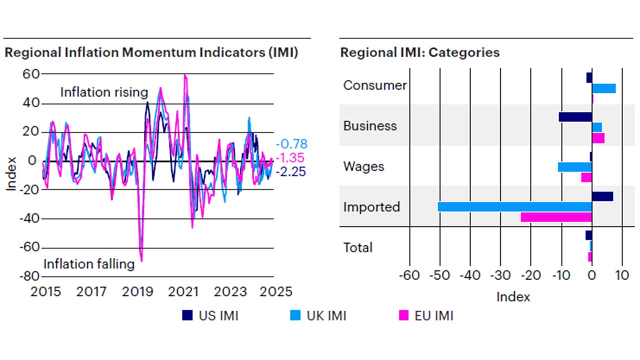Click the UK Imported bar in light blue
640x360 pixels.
click(x=514, y=206)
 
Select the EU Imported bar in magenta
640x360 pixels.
click(x=556, y=217)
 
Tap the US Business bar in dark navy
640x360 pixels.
click(x=575, y=117)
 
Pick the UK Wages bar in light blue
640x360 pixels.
click(x=574, y=167)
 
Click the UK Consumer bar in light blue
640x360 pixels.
click(x=603, y=88)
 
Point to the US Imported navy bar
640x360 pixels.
click(x=602, y=196)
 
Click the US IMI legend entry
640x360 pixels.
click(x=210, y=315)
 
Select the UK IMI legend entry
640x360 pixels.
click(x=318, y=315)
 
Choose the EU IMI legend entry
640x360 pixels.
click(x=425, y=315)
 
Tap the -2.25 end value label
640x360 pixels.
click(x=291, y=171)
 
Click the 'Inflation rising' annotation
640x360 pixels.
click(x=104, y=92)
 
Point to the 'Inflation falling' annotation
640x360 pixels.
click(x=89, y=264)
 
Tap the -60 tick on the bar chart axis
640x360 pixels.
click(x=409, y=275)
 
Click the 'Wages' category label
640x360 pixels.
click(x=363, y=166)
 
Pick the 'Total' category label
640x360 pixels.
click(x=357, y=247)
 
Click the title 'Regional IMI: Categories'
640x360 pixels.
click(x=419, y=52)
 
